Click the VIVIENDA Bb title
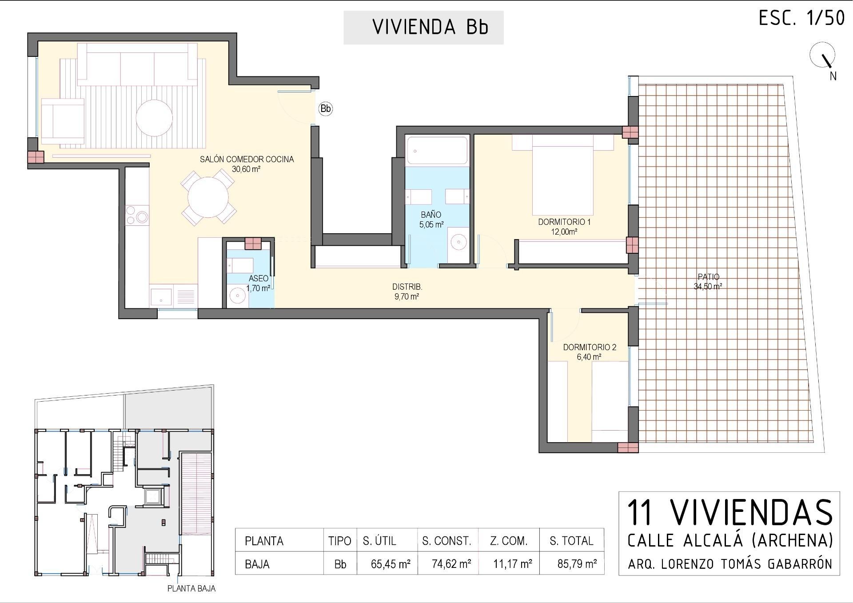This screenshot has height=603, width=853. (430, 27)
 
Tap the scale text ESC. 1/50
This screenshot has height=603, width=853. (801, 19)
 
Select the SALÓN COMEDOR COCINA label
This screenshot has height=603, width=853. (247, 160)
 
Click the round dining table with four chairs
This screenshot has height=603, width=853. (208, 197)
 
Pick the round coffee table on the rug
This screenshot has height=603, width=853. (154, 118)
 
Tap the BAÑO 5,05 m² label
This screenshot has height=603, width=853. (431, 220)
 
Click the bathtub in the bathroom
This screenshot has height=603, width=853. (437, 151)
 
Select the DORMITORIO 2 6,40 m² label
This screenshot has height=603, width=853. (590, 351)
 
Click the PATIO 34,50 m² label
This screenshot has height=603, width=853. (708, 281)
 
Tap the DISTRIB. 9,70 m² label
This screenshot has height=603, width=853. (407, 292)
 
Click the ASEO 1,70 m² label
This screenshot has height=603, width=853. (258, 283)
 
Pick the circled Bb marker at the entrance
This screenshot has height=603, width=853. (326, 108)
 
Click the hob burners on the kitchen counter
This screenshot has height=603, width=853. (137, 215)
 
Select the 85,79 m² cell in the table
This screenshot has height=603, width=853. (577, 564)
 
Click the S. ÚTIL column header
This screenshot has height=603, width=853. (379, 541)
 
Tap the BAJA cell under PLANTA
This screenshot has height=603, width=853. (257, 564)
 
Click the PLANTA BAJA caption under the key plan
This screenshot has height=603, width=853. (191, 588)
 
